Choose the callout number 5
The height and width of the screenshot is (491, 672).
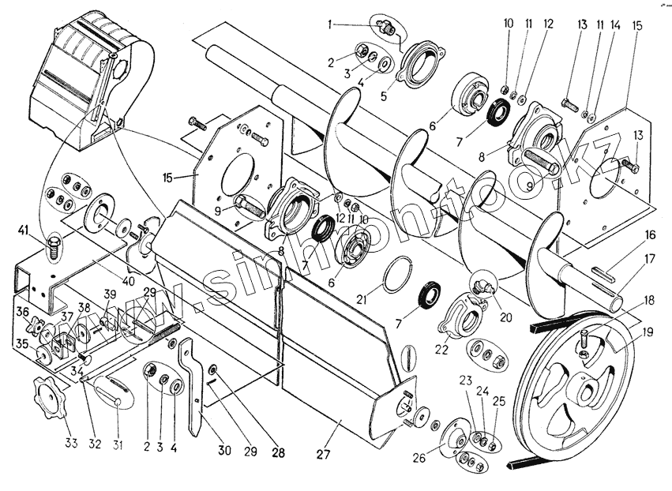coord(384,97)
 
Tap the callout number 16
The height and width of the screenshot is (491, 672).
coord(649,234)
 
